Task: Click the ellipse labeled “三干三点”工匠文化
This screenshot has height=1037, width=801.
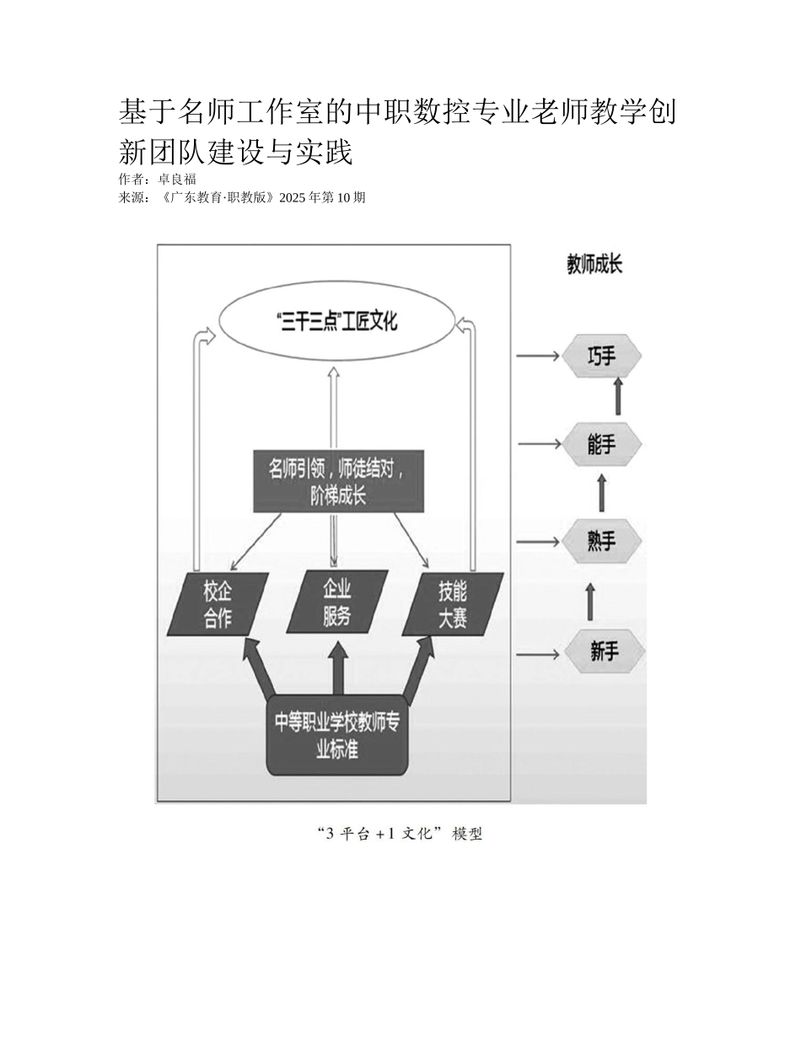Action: pos(336,321)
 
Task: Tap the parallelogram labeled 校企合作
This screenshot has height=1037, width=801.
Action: pos(218,604)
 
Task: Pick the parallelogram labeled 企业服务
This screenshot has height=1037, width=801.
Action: pos(337,603)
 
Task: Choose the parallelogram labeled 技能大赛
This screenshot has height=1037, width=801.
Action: pos(453,604)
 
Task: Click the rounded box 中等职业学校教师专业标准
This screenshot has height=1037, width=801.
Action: pos(337,735)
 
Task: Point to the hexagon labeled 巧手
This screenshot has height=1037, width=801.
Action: pos(602,357)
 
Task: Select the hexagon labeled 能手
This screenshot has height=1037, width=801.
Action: pos(602,444)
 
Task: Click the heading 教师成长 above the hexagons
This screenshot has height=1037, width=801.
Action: pos(594,265)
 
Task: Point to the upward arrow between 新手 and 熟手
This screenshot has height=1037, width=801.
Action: pos(589,600)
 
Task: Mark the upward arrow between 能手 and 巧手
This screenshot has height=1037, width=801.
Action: pos(618,396)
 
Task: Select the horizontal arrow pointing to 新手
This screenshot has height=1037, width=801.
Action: pos(537,653)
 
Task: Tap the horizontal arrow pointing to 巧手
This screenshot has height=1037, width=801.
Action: pos(537,356)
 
